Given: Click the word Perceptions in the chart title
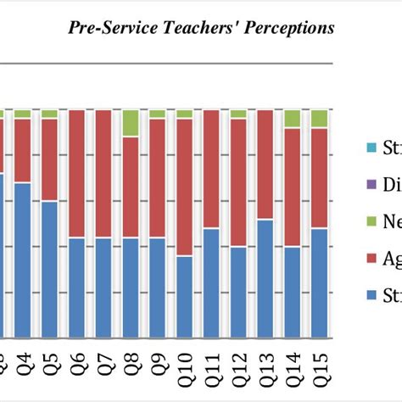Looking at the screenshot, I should point(286,28).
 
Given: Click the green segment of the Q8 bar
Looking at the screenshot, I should point(131,123).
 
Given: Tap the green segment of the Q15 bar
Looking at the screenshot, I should point(319,118).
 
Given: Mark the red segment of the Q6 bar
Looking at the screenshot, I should point(77,174).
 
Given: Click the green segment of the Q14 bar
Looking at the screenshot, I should point(292,118).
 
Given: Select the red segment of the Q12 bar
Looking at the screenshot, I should point(238,182).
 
